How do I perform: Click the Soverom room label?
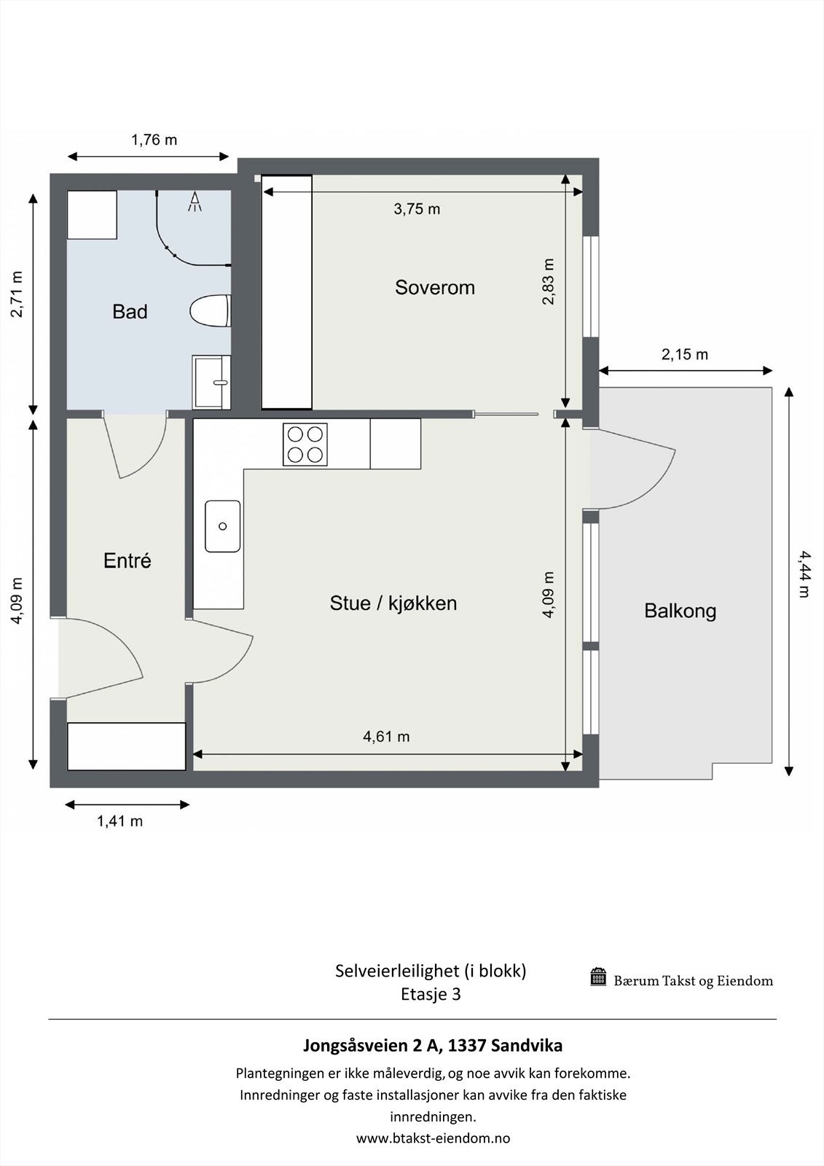435,287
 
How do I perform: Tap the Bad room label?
130,312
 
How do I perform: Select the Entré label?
127,560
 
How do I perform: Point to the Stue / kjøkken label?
393,603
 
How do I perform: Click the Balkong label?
680,611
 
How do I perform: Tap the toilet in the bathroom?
210,311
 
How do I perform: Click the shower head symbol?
195,202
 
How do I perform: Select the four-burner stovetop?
305,444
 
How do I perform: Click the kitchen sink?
223,526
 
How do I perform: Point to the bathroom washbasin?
211,382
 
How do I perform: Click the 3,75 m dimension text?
417,209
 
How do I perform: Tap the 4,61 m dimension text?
385,737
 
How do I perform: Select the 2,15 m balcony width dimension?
685,354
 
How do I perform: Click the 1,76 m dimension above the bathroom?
154,140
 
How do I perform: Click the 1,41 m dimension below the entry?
119,821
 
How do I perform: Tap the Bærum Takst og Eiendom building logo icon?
598,977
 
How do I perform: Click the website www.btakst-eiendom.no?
433,1138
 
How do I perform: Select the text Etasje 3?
431,994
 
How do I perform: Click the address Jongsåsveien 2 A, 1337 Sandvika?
433,1045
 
